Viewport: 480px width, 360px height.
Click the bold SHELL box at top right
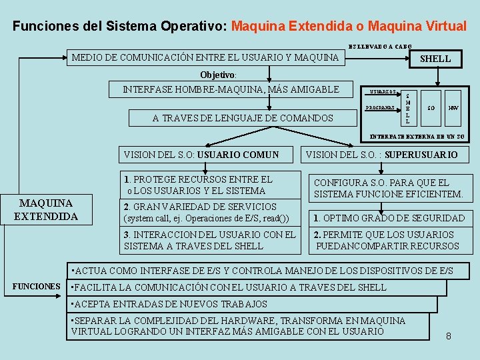[x=435, y=59]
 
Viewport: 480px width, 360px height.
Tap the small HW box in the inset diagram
[x=453, y=107]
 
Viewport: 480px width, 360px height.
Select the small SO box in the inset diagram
[x=431, y=107]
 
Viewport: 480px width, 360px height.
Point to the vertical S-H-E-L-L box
[x=407, y=108]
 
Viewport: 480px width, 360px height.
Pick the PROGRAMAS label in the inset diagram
[x=381, y=107]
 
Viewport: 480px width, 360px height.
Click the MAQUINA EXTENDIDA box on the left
[x=46, y=209]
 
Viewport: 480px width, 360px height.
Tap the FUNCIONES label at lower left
[x=37, y=287]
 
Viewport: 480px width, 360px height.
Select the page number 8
[x=449, y=336]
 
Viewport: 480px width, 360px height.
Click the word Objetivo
[x=217, y=75]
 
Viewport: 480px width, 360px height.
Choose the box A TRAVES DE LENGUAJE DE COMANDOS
[x=243, y=118]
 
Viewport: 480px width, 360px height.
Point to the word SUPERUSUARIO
[x=421, y=155]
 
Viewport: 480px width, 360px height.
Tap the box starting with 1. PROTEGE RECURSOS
[x=209, y=185]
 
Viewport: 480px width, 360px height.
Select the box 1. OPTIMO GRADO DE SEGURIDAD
[x=389, y=218]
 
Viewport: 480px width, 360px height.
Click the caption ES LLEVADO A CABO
[x=380, y=46]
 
